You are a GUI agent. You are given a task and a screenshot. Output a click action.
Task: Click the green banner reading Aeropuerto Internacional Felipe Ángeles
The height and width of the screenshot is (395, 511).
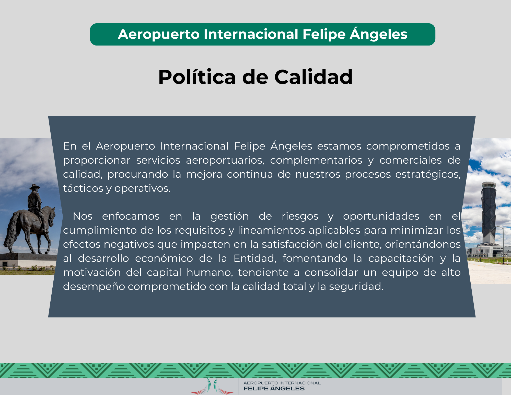coord(262,34)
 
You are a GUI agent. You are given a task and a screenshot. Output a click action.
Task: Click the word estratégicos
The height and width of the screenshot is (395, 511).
coord(428,174)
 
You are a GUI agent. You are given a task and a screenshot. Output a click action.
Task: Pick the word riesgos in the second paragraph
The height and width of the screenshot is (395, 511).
coord(300,216)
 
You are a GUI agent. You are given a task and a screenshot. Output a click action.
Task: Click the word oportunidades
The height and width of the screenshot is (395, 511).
coord(381,216)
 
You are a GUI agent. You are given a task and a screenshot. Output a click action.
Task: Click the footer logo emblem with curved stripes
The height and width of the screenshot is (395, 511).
coord(212,386)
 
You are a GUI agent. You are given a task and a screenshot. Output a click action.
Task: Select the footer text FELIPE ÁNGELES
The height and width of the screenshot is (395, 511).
coord(274,389)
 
